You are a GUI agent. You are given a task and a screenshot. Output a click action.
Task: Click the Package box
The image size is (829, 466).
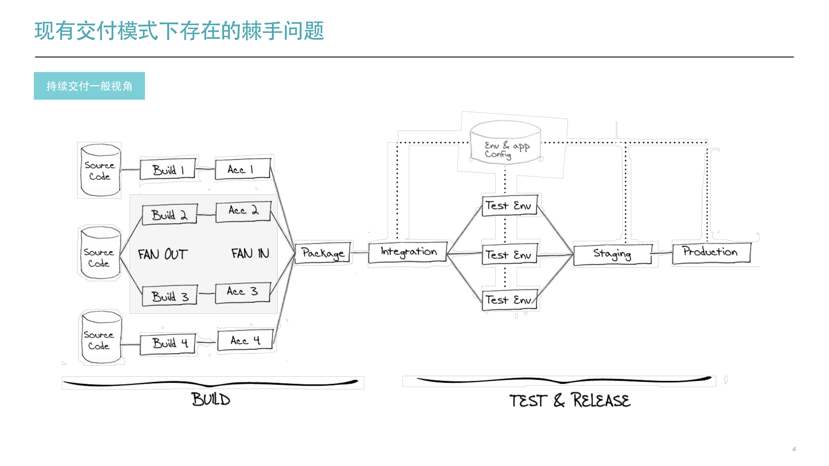322,253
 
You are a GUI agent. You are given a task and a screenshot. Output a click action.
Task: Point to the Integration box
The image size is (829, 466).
408,252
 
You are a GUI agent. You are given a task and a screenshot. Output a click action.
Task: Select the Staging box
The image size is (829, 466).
612,254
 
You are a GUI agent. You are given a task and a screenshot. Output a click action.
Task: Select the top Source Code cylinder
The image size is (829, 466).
100,170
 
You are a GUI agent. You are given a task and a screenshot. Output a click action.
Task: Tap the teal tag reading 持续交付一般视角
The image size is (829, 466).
89,86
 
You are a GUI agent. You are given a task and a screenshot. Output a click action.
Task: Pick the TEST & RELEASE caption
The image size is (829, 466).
570,400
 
